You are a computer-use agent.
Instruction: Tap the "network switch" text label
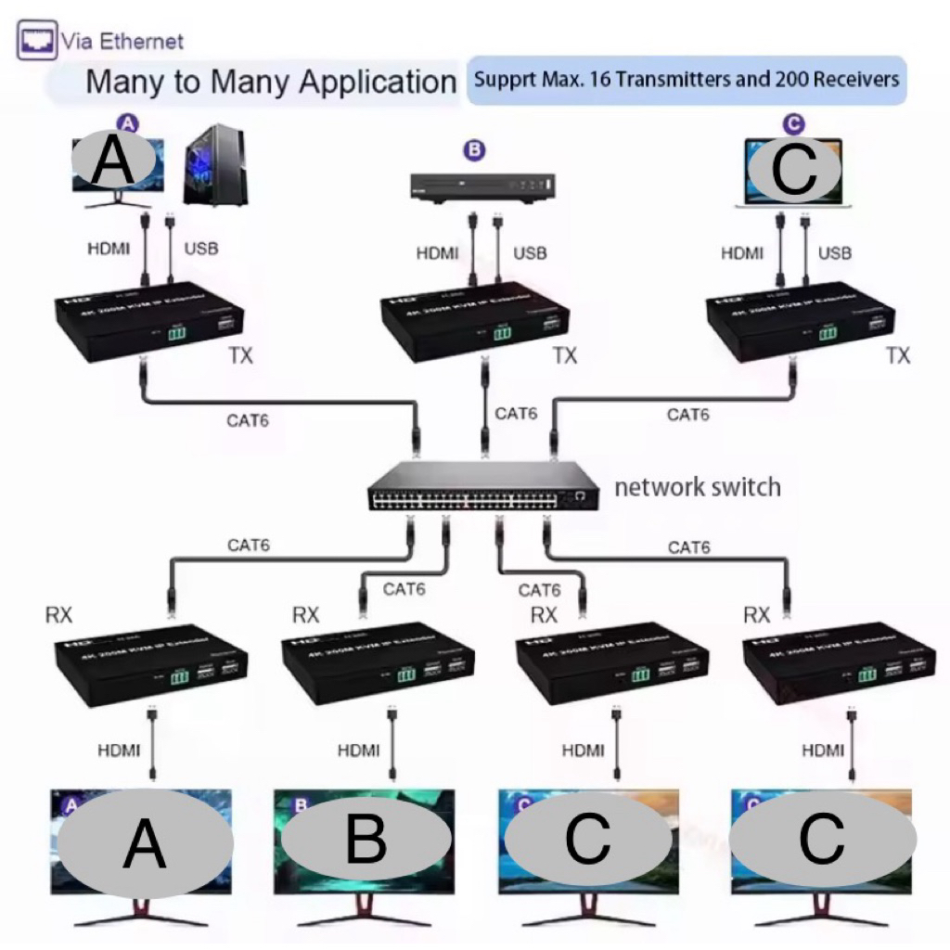[x=697, y=486]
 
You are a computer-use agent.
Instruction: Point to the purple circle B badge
[x=475, y=149]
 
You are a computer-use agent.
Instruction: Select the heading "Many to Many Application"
[x=271, y=82]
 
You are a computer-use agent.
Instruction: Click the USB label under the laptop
[x=835, y=252]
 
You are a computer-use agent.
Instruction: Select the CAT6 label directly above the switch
[x=515, y=413]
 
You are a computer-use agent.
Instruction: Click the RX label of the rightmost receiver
[x=757, y=614]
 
